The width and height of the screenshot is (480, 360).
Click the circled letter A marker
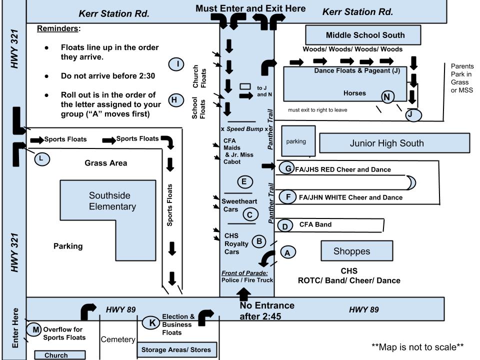[x=287, y=253]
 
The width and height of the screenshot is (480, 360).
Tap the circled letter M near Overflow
[x=35, y=329]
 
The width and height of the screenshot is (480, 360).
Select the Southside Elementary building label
[x=112, y=201]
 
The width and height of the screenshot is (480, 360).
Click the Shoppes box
[x=351, y=251]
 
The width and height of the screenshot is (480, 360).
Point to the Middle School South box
[x=365, y=35]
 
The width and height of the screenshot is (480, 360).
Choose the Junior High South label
[x=386, y=143]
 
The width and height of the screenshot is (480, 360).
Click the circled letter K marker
[x=151, y=322]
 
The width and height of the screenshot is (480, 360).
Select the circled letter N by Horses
[x=387, y=97]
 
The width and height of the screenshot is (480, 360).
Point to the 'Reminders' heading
[x=58, y=28]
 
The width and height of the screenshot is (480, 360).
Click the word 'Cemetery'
[x=118, y=339]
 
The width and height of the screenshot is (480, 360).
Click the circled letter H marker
[x=174, y=99]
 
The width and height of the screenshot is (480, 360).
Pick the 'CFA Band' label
[x=315, y=225]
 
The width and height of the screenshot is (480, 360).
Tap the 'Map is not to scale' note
[x=417, y=346]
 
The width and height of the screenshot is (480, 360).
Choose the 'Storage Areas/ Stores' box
[x=176, y=349]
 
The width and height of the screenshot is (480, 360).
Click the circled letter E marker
[x=244, y=181]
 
